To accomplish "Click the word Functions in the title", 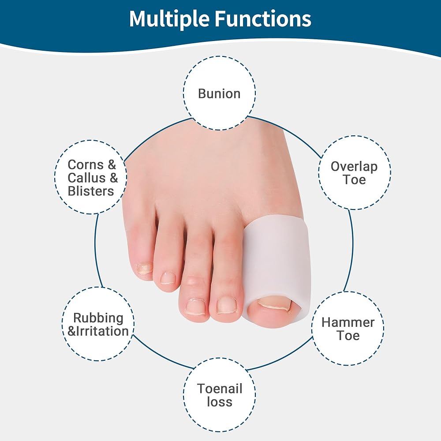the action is (x=263, y=18).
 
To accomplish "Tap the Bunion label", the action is (x=219, y=93).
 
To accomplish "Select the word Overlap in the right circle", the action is (x=354, y=167).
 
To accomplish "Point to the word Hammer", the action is (x=348, y=322).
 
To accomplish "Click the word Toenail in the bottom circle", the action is (x=219, y=389).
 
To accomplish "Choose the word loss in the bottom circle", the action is (x=219, y=402).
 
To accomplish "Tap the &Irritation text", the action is (x=98, y=331).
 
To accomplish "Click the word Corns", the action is (x=86, y=165).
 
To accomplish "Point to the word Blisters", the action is (x=90, y=191).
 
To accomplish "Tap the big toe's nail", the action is (x=274, y=305).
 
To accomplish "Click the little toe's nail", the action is (x=144, y=268).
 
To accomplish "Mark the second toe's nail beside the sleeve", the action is (x=226, y=306).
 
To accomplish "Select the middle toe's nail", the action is (x=196, y=306).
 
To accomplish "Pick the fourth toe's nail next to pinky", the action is (x=168, y=278).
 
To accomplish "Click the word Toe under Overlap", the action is (x=354, y=180).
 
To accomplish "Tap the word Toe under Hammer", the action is (x=348, y=336).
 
